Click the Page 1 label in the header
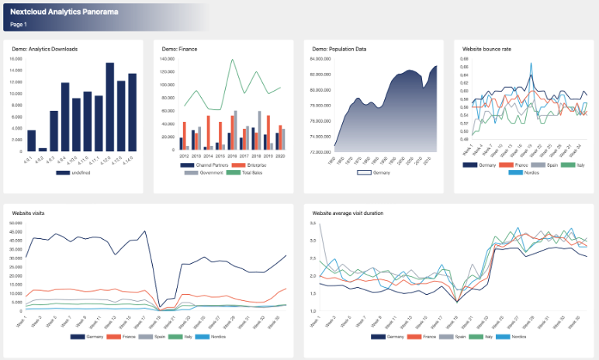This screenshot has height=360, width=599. [19, 25]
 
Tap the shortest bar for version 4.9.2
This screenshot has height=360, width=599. [43, 149]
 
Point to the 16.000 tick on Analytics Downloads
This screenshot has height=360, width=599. [16, 59]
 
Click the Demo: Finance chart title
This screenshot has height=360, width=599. [179, 49]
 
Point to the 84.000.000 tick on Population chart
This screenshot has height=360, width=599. [320, 59]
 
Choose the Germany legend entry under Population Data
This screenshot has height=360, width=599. [375, 172]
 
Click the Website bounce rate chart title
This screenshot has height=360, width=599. [486, 49]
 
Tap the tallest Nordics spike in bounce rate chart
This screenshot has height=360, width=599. [531, 64]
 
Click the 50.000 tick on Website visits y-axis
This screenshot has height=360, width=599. [15, 224]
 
